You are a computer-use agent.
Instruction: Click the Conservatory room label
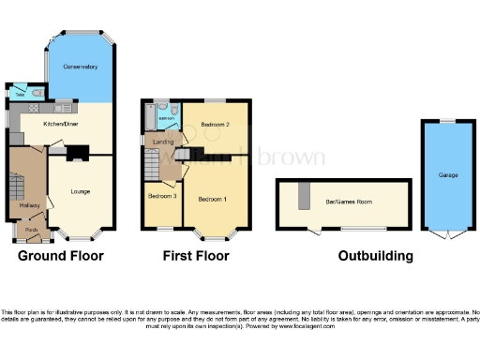point(81,67)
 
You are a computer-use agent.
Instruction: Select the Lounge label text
point(81,191)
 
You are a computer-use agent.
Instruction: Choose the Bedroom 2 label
point(214,124)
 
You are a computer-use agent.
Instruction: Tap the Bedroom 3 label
point(161,196)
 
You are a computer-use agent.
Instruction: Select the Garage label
point(448,173)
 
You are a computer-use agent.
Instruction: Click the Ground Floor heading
point(61,256)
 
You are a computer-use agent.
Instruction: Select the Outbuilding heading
point(375,256)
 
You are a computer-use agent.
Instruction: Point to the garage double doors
point(447,232)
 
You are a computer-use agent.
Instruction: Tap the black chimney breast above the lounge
point(78,150)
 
